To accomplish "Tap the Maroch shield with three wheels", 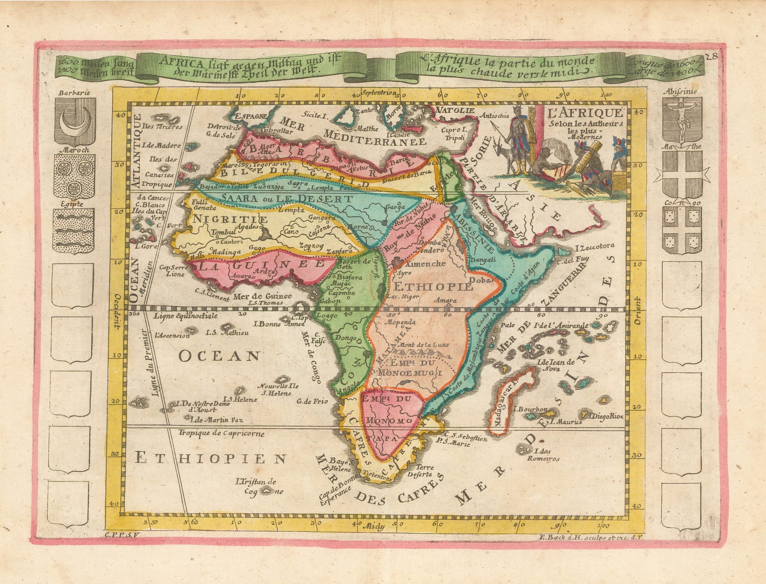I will (74, 177).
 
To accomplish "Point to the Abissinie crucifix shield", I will (681, 120).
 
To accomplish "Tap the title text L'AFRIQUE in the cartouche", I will (583, 113).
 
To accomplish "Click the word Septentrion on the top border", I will (379, 93).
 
